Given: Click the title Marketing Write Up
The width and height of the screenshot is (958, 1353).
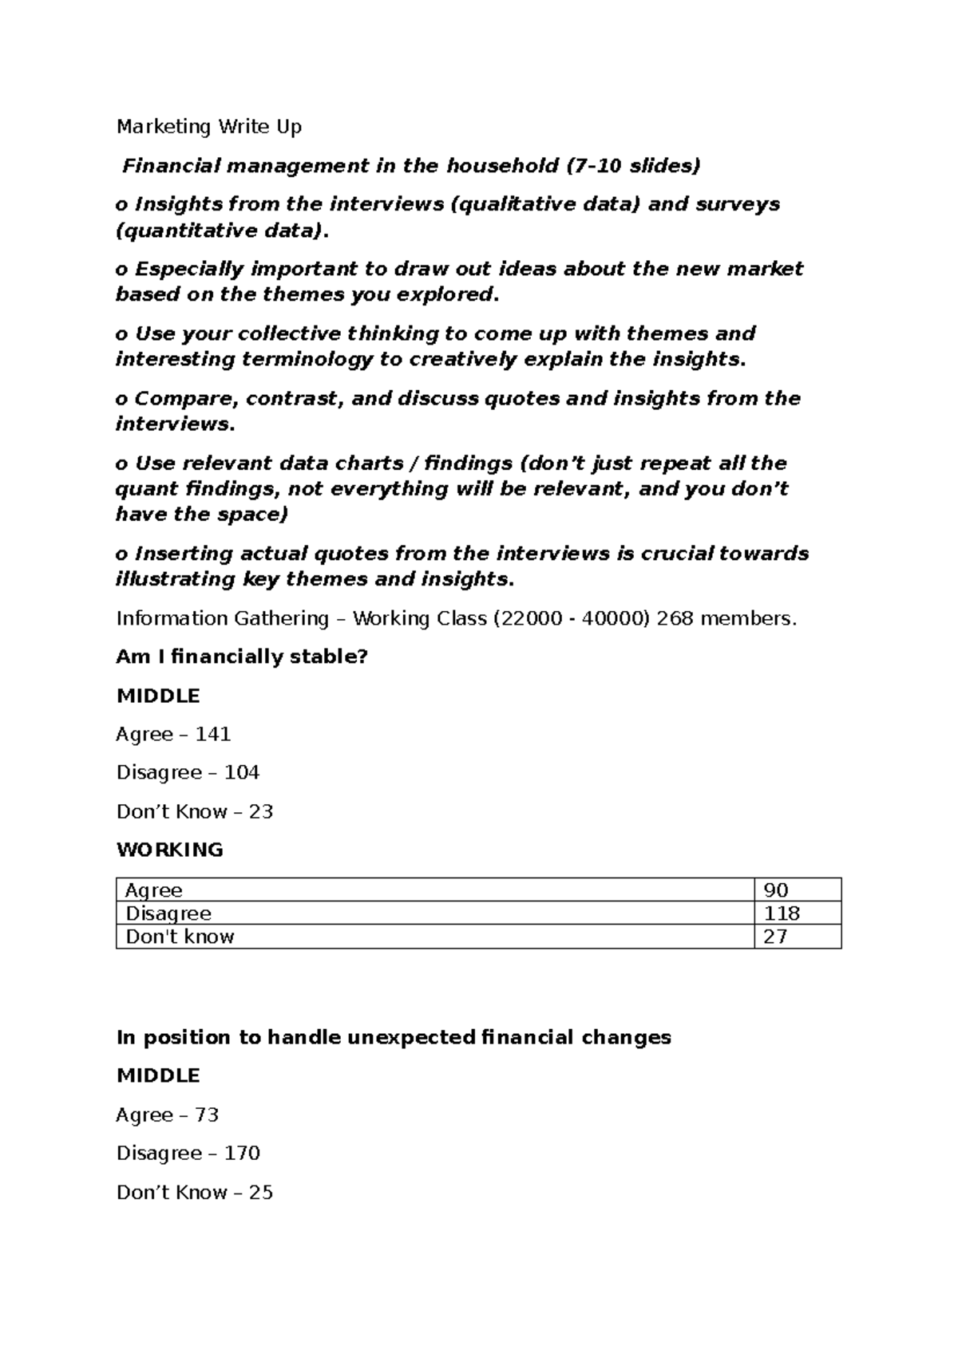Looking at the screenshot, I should (209, 127).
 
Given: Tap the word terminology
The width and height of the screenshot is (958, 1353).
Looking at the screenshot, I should (307, 359).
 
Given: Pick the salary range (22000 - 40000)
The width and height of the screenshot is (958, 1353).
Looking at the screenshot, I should (572, 618).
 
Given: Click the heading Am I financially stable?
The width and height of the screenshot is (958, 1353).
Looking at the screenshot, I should (242, 657).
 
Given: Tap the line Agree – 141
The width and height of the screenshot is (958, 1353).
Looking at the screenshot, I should (173, 734).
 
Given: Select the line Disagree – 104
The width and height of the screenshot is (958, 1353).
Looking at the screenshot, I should (188, 772).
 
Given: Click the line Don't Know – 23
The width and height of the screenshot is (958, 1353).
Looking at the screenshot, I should (195, 811).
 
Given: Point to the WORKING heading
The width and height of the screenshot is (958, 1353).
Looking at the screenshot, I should (170, 850).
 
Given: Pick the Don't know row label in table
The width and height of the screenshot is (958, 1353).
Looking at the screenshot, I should (180, 937).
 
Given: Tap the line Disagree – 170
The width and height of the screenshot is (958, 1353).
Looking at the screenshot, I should (188, 1153).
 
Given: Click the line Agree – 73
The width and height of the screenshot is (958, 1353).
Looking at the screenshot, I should (168, 1114).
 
